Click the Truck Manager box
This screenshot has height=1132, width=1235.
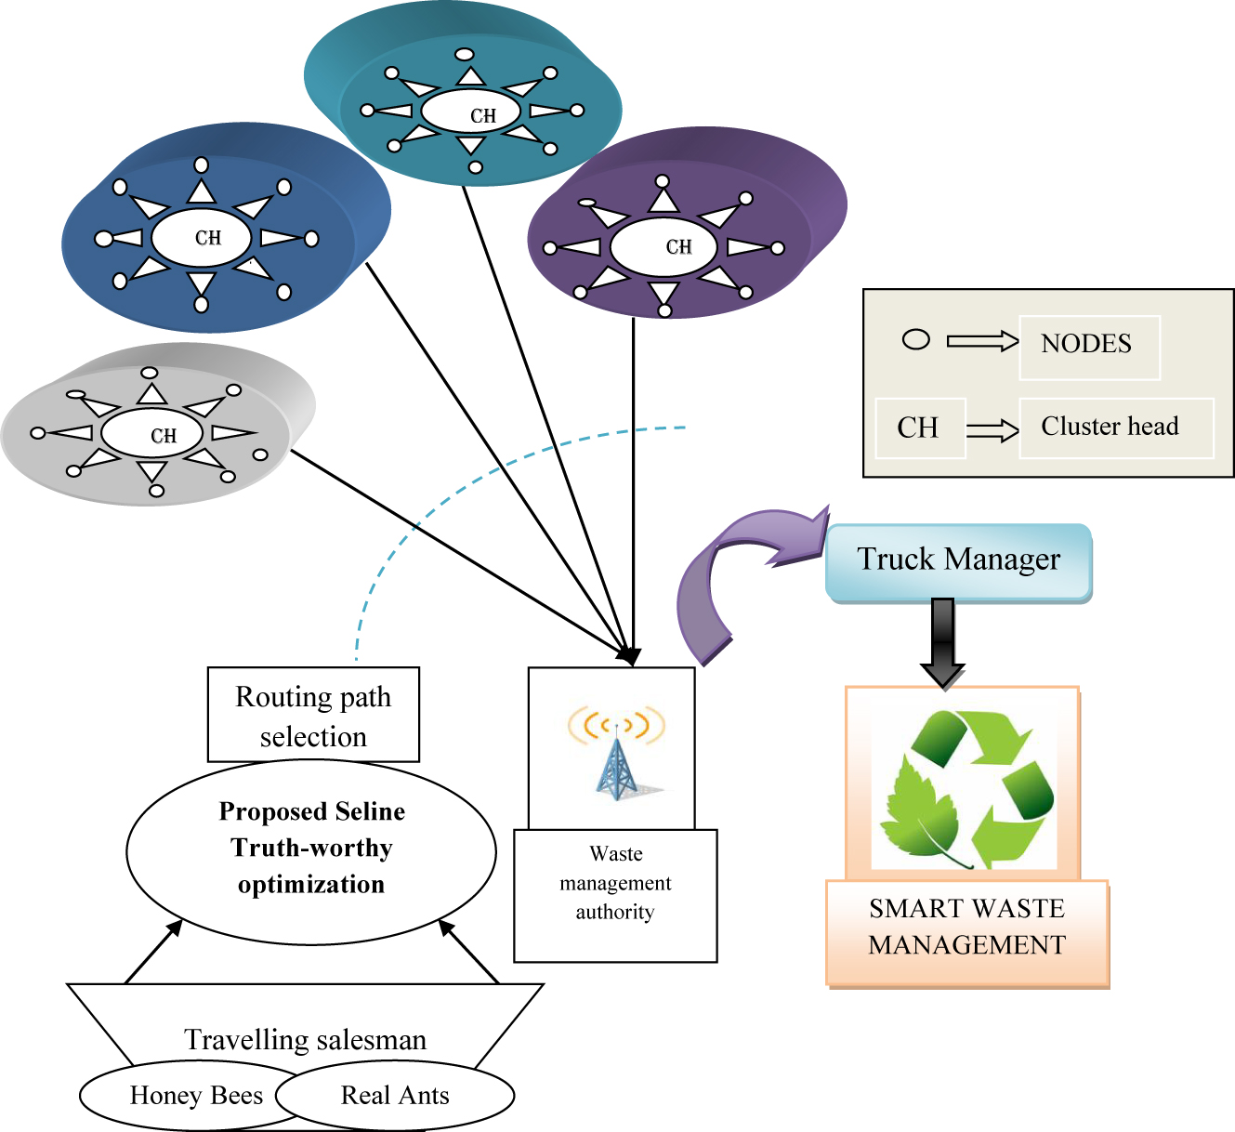coord(958,561)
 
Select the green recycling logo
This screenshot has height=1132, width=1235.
coord(965,790)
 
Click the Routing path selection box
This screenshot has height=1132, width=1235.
coord(313,716)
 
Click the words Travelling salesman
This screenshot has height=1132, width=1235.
coord(305,1040)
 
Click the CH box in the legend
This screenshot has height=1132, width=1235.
coord(919,428)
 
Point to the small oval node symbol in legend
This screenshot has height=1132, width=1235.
coord(916,340)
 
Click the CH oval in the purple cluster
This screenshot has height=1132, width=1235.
coord(663,248)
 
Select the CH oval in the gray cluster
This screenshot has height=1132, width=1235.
coord(152,434)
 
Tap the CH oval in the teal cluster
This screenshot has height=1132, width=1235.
coord(471,112)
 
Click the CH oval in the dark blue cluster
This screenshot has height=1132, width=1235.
coord(201,239)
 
